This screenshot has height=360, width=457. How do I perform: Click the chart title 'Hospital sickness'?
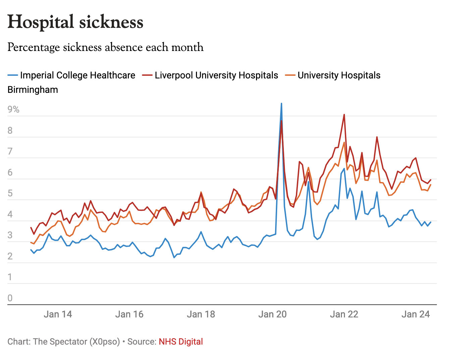point(75,22)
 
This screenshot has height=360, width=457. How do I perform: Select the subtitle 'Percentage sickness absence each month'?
point(105,47)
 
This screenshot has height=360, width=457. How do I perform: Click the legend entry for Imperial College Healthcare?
point(78,75)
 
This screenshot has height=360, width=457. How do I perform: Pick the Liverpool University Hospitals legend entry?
point(216,75)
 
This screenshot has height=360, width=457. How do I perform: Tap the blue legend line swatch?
point(13,75)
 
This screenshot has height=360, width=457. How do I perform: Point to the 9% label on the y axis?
point(13,110)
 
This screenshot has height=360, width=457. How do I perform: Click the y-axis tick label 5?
point(10,193)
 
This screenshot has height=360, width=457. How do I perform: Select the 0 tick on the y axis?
point(10,298)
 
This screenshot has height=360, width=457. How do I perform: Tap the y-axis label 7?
point(10,152)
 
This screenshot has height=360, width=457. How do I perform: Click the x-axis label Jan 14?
point(58,314)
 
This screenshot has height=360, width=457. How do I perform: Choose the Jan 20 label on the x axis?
point(272,314)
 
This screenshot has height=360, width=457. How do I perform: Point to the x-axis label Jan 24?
point(416,314)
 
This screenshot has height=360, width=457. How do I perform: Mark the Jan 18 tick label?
point(201,314)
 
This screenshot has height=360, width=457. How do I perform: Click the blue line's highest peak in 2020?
point(282,104)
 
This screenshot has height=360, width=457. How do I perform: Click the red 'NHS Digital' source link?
point(181,342)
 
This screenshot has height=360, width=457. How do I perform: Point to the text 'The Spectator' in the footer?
point(60,342)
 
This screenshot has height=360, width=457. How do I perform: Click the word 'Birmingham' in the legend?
point(33,90)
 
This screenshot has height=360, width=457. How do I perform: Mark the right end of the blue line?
point(430,222)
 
